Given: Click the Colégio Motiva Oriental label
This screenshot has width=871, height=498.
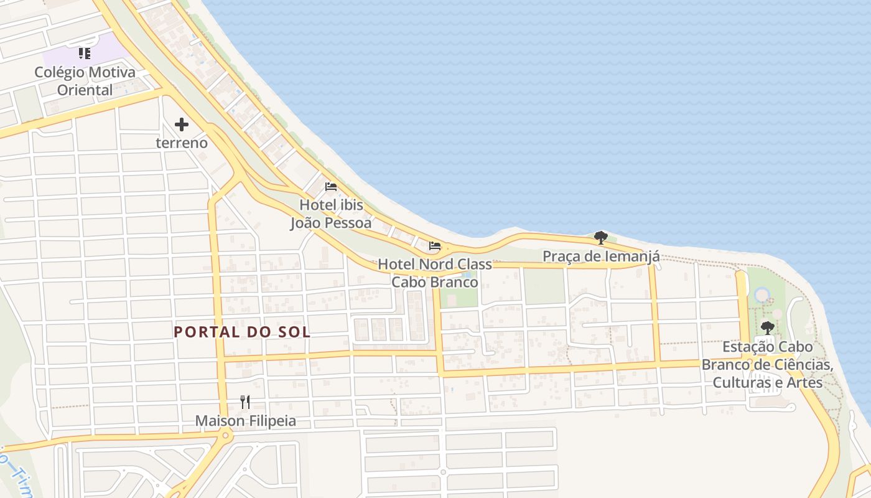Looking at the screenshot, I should click(85, 81).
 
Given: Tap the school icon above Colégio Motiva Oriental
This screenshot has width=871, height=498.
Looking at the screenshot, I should click(85, 54).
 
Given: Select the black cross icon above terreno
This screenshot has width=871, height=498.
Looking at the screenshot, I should click(182, 125).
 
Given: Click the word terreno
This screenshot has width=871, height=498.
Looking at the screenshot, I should click(182, 143).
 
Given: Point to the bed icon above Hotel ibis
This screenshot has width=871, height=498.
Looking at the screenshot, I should click(331, 187).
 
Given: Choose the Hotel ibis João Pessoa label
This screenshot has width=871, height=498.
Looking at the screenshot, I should click(331, 214).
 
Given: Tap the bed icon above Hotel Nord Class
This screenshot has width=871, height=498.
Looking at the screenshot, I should click(435, 247).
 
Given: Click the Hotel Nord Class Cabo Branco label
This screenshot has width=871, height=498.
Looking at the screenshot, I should click(435, 273).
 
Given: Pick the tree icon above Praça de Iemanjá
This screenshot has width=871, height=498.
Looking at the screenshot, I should click(600, 238).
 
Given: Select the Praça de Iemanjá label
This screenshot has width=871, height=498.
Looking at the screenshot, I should click(600, 256).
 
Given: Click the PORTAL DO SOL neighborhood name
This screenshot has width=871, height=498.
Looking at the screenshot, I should click(242, 332).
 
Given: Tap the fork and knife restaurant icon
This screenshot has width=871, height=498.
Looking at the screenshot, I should click(245, 402).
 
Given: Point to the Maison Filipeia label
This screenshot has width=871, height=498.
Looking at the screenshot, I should click(245, 421).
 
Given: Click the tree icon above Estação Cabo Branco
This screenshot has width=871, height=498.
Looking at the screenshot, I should click(767, 327).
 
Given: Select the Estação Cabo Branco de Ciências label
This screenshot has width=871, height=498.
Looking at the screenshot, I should click(767, 364).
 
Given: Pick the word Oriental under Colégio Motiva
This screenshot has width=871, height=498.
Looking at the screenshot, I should click(85, 90).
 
